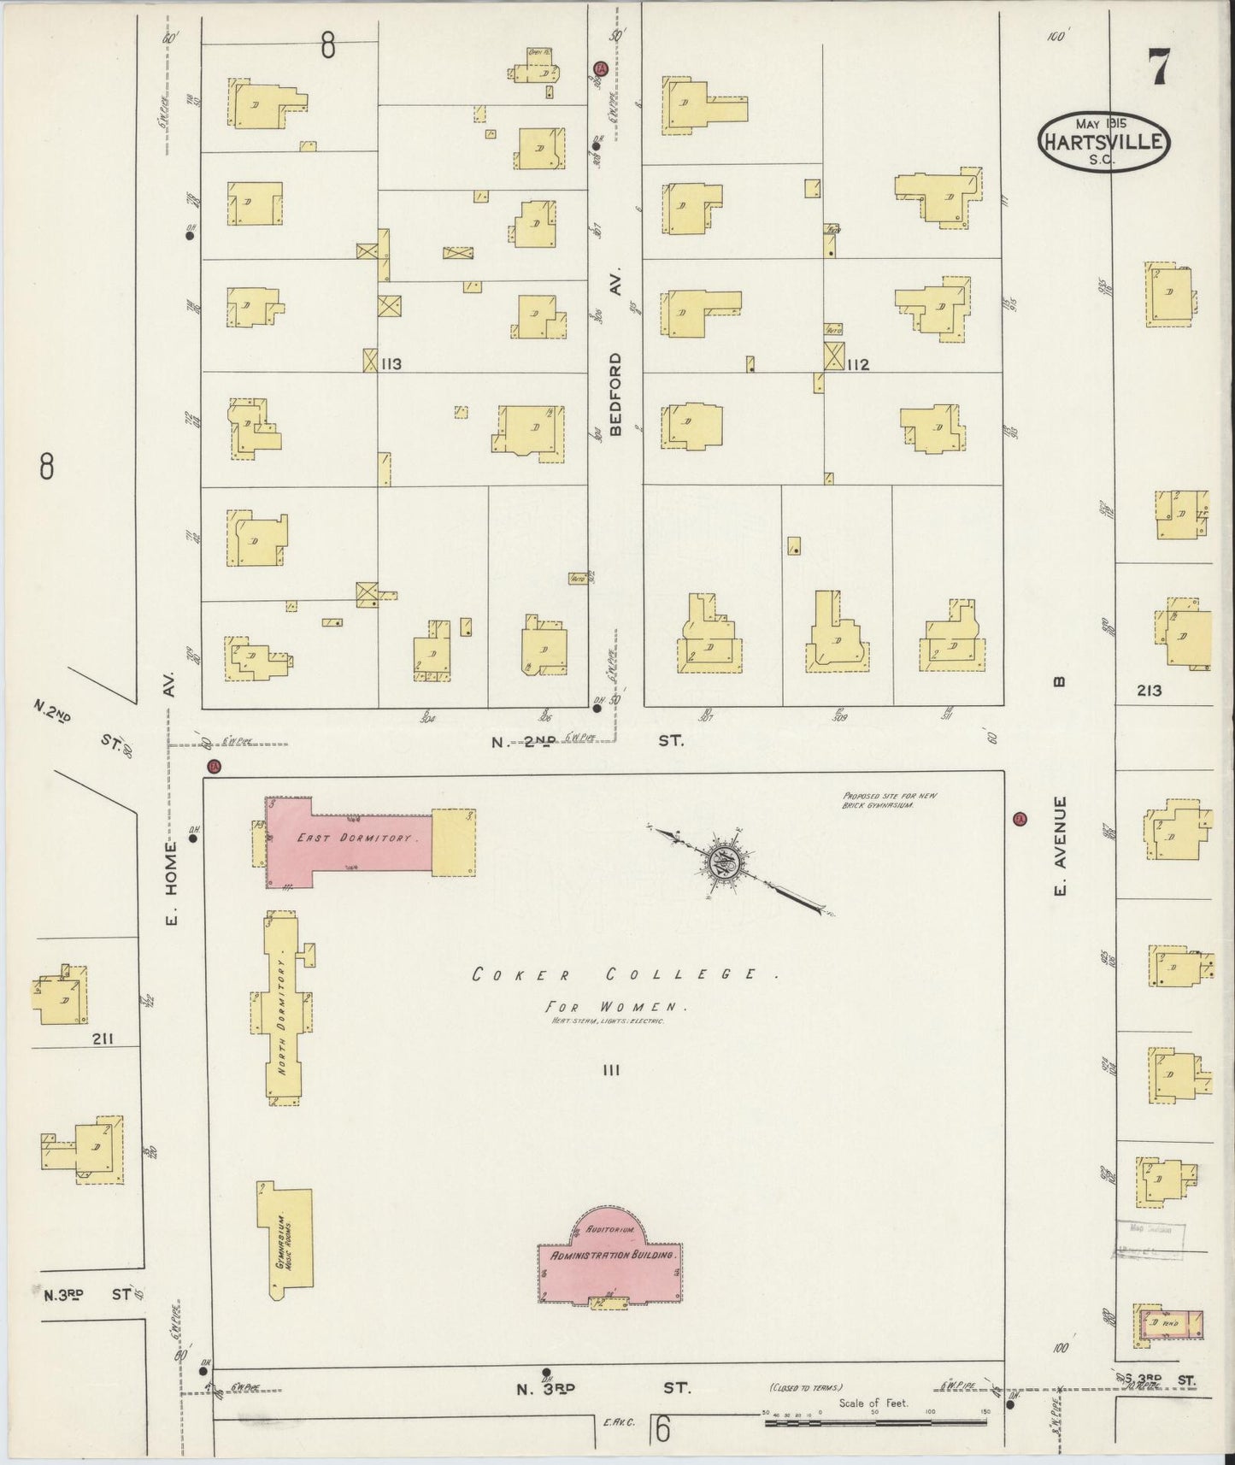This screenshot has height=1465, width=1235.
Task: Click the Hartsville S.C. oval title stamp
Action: point(1103,139)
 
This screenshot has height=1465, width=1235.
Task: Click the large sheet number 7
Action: point(1158,66)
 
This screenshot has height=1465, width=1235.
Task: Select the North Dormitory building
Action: point(283,1008)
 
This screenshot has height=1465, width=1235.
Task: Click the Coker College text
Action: point(615,974)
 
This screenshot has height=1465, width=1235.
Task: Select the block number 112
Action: point(857,365)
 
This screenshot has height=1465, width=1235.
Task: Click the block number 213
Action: point(1149,691)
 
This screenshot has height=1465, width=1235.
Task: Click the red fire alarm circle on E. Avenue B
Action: point(1018,820)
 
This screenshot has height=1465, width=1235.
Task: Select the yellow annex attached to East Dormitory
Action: point(453,842)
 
